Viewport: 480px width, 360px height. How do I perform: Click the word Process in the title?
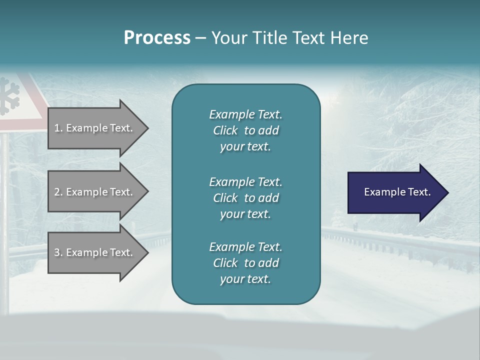(x=157, y=38)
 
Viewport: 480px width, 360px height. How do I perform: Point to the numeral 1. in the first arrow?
(x=58, y=128)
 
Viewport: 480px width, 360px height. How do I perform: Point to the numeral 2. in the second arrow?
(x=58, y=192)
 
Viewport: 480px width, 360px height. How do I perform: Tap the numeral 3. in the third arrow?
(x=58, y=252)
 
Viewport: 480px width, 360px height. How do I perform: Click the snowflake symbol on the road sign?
(x=8, y=95)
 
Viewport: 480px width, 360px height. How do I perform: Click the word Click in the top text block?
(x=225, y=130)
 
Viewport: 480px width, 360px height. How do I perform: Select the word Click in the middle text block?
(x=225, y=198)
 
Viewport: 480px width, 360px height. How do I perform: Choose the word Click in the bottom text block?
(x=225, y=263)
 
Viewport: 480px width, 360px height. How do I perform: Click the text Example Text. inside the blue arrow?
(x=397, y=192)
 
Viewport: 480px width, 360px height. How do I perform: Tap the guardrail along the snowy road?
(x=400, y=240)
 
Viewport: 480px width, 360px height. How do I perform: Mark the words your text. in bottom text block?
(x=245, y=279)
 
